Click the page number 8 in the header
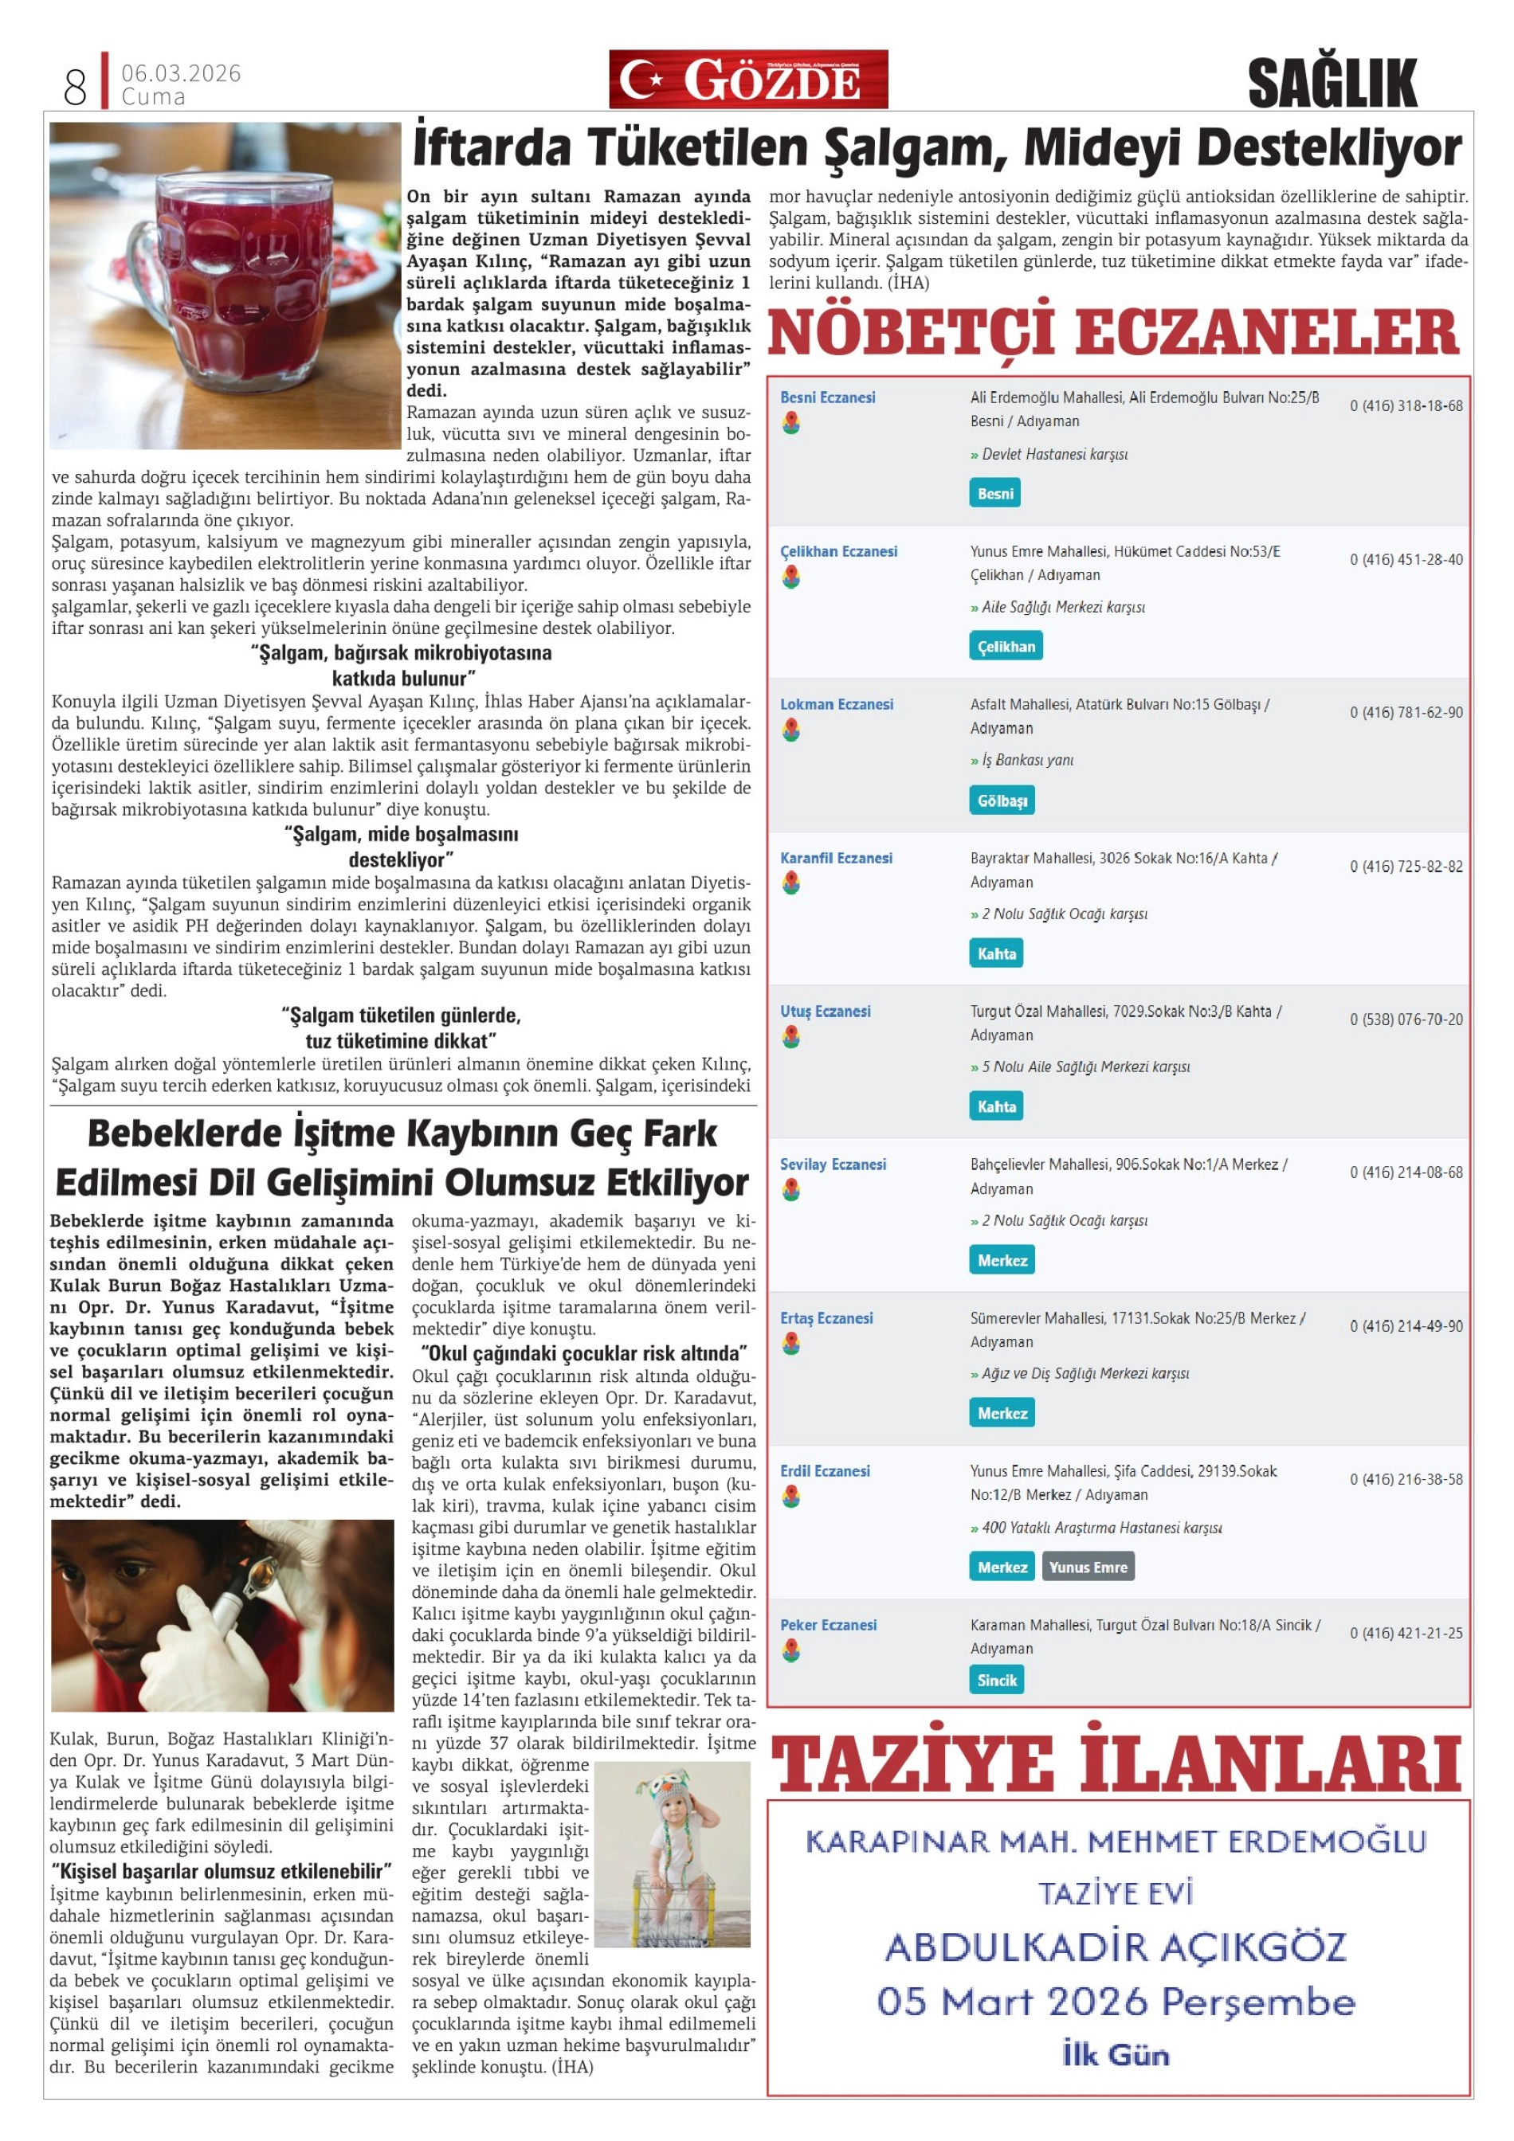(75, 86)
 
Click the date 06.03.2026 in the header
(181, 72)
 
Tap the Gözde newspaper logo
(747, 80)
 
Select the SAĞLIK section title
(1332, 83)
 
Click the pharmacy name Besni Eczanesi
(827, 397)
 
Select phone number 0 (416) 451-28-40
(1406, 559)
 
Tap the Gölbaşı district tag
(1002, 800)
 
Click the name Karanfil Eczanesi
(836, 858)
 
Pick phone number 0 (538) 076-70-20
(1406, 1020)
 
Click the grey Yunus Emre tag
(1088, 1568)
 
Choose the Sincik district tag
(996, 1679)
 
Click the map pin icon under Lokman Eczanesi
(791, 730)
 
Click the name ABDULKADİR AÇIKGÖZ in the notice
(1116, 1948)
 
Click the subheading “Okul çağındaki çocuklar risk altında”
(584, 1353)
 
